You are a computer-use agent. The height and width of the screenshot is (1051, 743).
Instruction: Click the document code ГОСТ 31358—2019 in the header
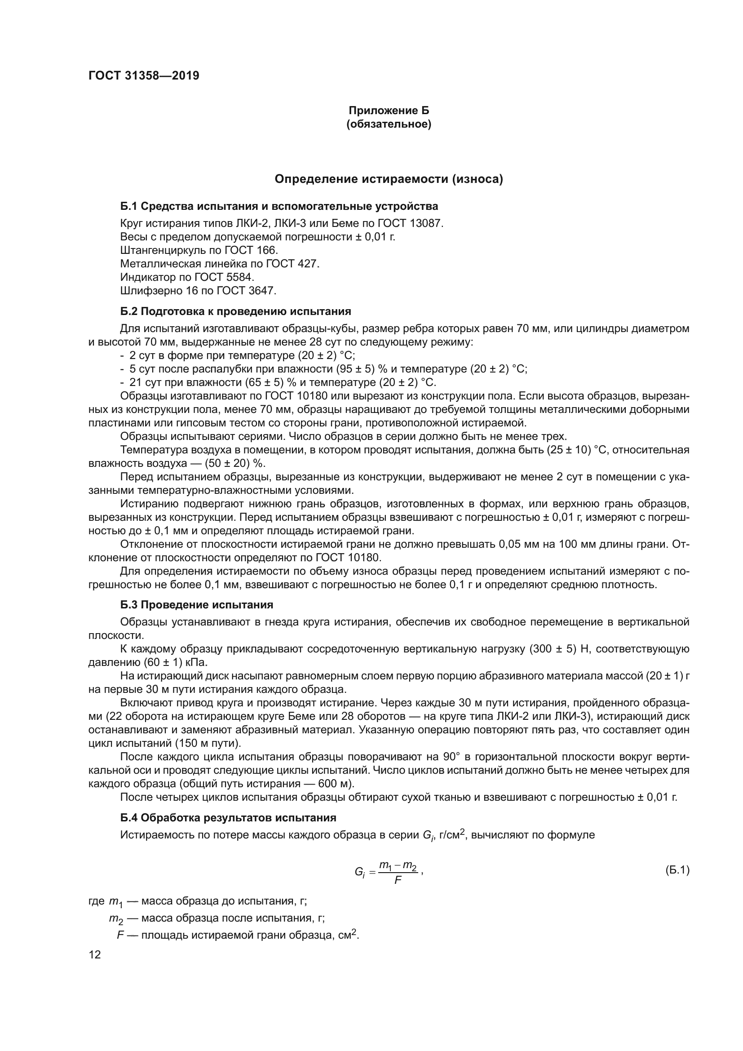click(144, 76)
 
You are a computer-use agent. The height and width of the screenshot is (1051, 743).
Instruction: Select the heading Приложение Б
click(389, 111)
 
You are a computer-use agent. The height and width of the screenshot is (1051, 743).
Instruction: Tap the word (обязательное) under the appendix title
click(389, 124)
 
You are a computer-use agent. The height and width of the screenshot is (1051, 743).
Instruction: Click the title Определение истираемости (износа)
click(389, 179)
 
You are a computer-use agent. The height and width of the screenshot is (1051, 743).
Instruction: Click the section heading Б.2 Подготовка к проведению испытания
click(236, 312)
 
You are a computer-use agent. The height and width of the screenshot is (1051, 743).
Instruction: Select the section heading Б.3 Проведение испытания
click(197, 605)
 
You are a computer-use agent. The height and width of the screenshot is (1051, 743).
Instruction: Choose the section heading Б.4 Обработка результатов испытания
click(228, 818)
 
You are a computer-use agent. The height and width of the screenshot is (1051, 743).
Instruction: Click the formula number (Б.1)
click(677, 870)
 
